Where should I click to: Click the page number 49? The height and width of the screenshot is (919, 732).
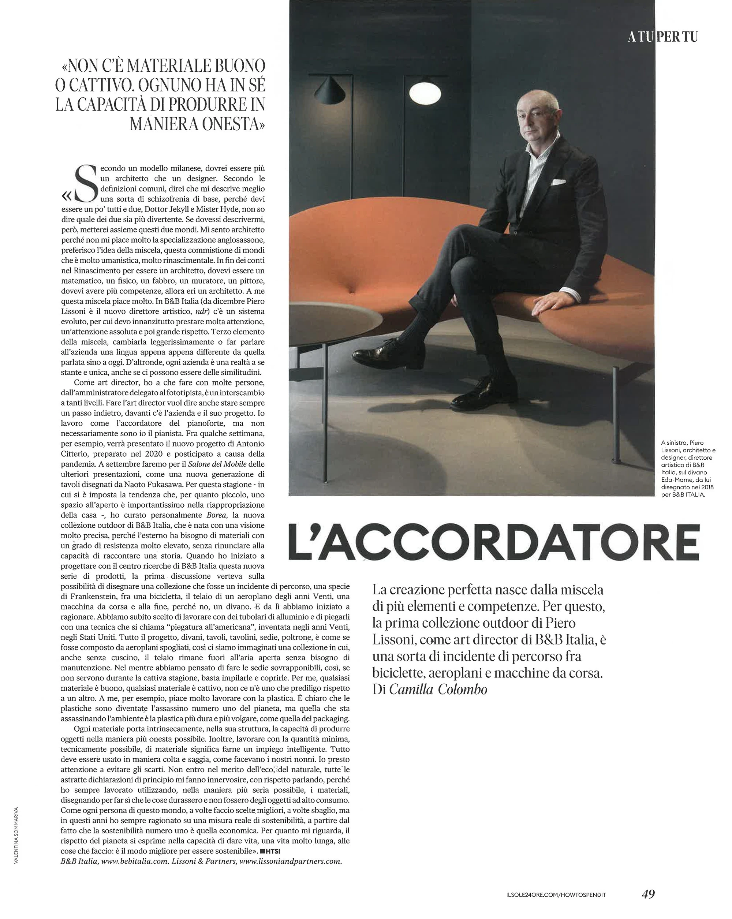(648, 894)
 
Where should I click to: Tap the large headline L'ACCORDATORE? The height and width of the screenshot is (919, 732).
(494, 543)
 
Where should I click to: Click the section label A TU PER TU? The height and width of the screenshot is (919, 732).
(662, 37)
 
